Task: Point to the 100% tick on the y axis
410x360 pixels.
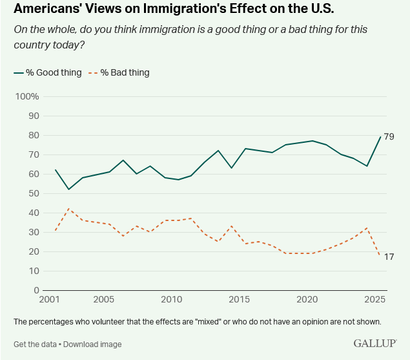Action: tap(27, 96)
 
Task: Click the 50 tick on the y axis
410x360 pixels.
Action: tap(33, 193)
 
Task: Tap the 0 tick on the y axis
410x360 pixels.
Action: tap(36, 290)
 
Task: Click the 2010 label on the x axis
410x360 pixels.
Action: tap(171, 300)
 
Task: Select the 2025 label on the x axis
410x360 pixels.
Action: tap(375, 300)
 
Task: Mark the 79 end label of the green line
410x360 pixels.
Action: tap(389, 136)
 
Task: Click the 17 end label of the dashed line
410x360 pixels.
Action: tap(389, 257)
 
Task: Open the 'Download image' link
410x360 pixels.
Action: tap(92, 344)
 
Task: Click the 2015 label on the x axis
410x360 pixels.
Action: tap(239, 300)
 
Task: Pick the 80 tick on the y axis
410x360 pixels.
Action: tap(33, 135)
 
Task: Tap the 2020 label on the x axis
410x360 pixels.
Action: tap(307, 300)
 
